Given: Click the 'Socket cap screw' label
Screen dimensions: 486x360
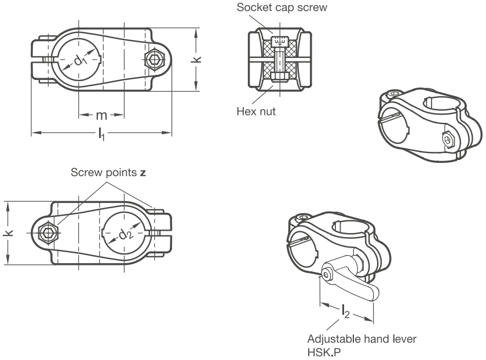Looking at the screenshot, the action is click(282, 7).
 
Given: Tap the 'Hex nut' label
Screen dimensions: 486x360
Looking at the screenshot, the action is click(256, 111).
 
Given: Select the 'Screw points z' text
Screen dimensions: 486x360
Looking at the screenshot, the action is click(108, 172).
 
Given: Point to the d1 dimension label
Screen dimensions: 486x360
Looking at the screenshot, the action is click(81, 60).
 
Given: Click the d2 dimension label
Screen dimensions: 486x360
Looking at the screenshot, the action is click(126, 234).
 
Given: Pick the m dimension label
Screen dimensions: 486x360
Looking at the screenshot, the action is click(101, 115).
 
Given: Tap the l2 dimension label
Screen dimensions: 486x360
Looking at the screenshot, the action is click(346, 311).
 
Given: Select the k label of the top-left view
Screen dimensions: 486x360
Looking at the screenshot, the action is click(196, 59).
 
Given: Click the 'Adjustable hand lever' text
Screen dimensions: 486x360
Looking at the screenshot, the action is click(361, 339).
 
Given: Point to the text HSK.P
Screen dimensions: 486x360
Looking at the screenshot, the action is click(324, 352).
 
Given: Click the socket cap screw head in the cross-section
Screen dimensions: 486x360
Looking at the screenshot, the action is click(280, 41).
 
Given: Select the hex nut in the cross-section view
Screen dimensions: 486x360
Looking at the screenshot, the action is click(280, 77).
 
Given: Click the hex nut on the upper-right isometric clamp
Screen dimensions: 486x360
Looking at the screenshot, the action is click(448, 139).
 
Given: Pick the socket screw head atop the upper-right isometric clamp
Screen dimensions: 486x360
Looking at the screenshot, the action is click(394, 93).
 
